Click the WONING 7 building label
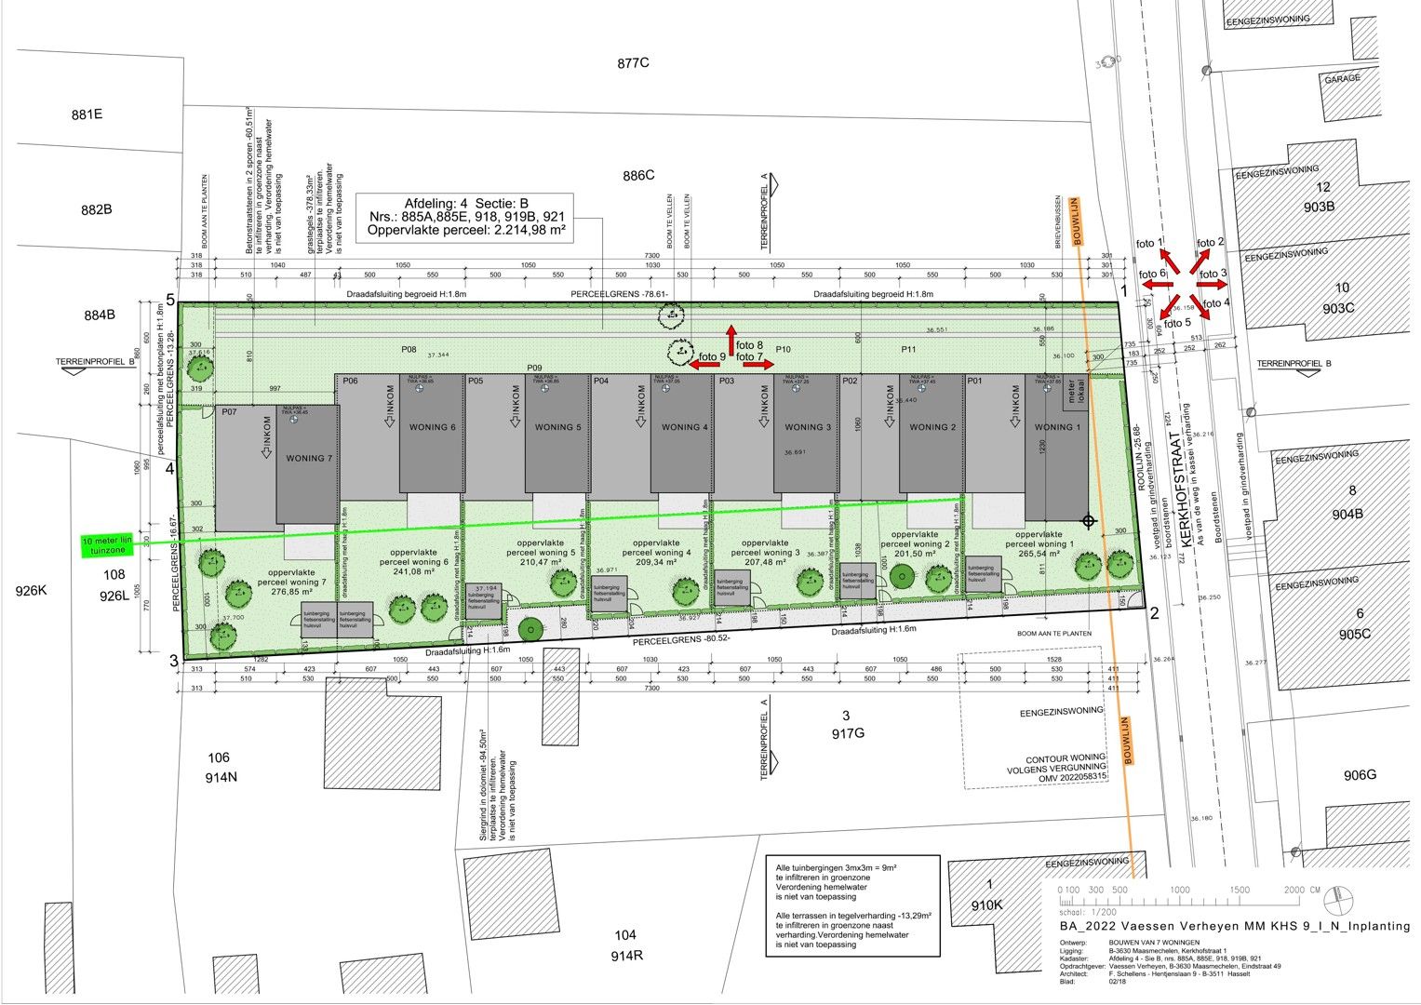[x=307, y=458]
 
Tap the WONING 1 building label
[x=1053, y=427]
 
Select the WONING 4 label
[x=685, y=427]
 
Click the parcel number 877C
[x=632, y=63]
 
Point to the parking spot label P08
[x=409, y=349]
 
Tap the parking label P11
[x=909, y=349]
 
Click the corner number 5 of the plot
[x=171, y=300]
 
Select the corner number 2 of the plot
[x=1154, y=612]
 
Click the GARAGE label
[x=1342, y=79]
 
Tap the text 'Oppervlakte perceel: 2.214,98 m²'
[x=466, y=229]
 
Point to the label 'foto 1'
[x=1150, y=244]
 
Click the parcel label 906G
[x=1360, y=775]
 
